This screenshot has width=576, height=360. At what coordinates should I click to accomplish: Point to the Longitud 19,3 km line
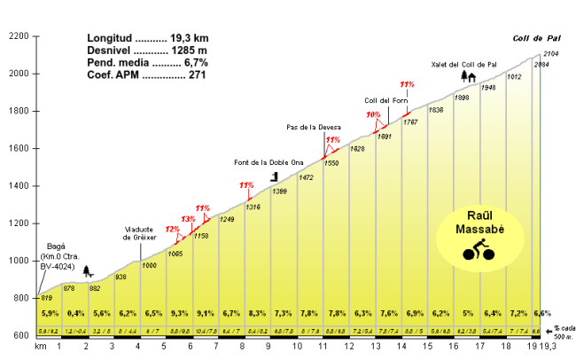tap(147, 39)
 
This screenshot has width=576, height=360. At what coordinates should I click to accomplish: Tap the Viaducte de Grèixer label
tap(139, 234)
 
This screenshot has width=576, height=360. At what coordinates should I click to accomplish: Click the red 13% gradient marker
tap(188, 219)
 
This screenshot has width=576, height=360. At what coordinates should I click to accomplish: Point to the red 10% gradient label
tap(373, 115)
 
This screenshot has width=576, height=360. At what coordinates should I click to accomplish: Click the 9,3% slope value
tap(179, 314)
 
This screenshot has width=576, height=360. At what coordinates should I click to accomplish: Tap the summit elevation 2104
tap(550, 55)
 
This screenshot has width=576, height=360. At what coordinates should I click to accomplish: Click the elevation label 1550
tap(331, 164)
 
